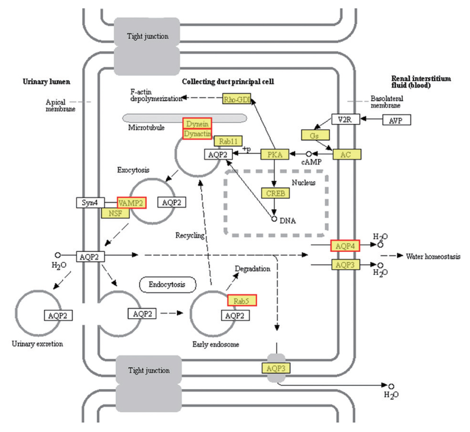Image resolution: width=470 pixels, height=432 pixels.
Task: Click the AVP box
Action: tap(396, 120)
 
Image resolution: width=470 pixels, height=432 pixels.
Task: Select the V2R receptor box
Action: tap(345, 119)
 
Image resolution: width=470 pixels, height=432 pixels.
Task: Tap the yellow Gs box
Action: tap(315, 135)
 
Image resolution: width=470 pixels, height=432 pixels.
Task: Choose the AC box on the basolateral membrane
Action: tap(347, 155)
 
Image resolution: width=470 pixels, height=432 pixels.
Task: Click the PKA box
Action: tap(275, 155)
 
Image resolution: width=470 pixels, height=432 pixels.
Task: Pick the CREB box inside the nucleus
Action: tap(275, 193)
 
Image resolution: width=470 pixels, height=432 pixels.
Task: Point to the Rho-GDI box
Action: tap(236, 99)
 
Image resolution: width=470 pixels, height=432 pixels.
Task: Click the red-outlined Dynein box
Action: tap(197, 123)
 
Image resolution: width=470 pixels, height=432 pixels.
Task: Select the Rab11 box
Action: tap(228, 141)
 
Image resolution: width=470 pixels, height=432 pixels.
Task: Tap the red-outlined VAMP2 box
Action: tap(132, 203)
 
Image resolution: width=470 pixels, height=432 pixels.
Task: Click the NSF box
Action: tap(115, 213)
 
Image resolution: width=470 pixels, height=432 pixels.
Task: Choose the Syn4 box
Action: tap(90, 203)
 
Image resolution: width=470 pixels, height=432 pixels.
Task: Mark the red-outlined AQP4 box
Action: tap(345, 246)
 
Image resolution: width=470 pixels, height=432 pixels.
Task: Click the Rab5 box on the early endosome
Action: tap(242, 301)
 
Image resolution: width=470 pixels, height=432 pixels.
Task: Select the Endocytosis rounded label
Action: tap(168, 285)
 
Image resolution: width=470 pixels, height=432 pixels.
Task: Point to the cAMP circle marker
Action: tap(309, 154)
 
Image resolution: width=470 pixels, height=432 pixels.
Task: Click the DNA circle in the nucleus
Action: tap(274, 219)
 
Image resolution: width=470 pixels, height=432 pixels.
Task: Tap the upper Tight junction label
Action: tap(147, 36)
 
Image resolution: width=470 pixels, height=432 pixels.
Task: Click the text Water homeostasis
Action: tap(433, 256)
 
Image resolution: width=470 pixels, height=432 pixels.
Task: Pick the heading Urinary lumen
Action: tap(46, 82)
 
